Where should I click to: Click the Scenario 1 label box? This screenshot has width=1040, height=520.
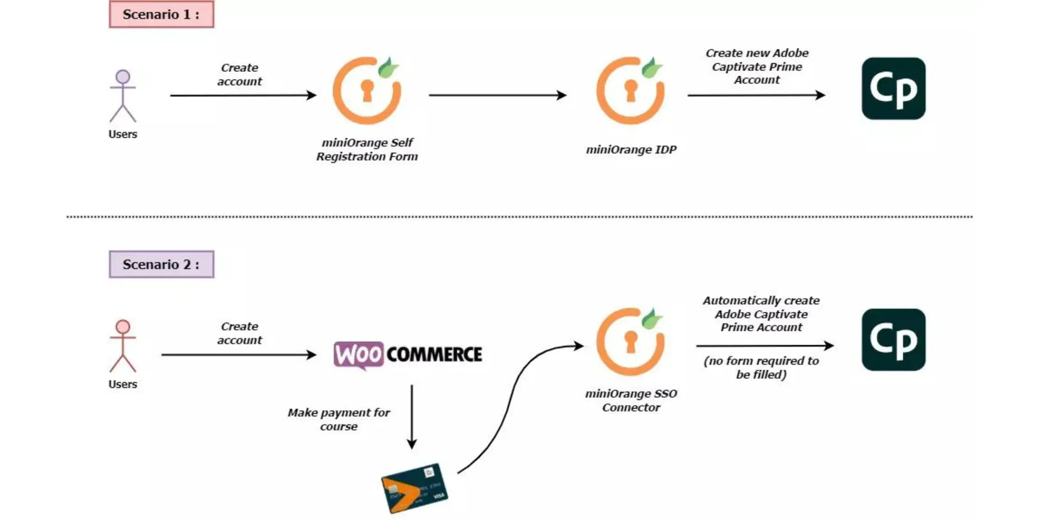(161, 14)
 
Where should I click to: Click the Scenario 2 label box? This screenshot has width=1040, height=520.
(161, 264)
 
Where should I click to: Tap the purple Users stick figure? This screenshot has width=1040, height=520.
(123, 96)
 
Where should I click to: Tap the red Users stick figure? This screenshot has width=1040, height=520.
(123, 346)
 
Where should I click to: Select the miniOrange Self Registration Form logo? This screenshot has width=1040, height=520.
(367, 90)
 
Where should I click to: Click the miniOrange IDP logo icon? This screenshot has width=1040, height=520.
(630, 90)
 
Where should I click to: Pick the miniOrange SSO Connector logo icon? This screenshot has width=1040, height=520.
(630, 342)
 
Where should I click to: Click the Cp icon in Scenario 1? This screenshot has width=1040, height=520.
(893, 88)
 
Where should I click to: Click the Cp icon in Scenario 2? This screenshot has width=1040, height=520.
(893, 340)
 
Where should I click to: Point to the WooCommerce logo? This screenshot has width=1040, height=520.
(408, 355)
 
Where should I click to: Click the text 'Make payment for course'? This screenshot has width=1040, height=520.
(339, 419)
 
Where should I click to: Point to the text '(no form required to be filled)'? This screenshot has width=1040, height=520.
(761, 367)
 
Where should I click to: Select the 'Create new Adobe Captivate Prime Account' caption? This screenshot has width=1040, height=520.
(757, 66)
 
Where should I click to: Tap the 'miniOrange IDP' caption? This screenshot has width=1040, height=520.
(631, 149)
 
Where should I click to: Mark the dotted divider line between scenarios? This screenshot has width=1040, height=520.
(519, 217)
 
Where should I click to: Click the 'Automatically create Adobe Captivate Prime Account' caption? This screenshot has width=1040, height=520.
(761, 314)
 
